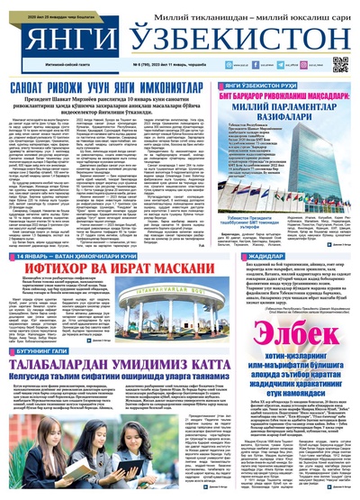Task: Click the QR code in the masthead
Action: [339, 65]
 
